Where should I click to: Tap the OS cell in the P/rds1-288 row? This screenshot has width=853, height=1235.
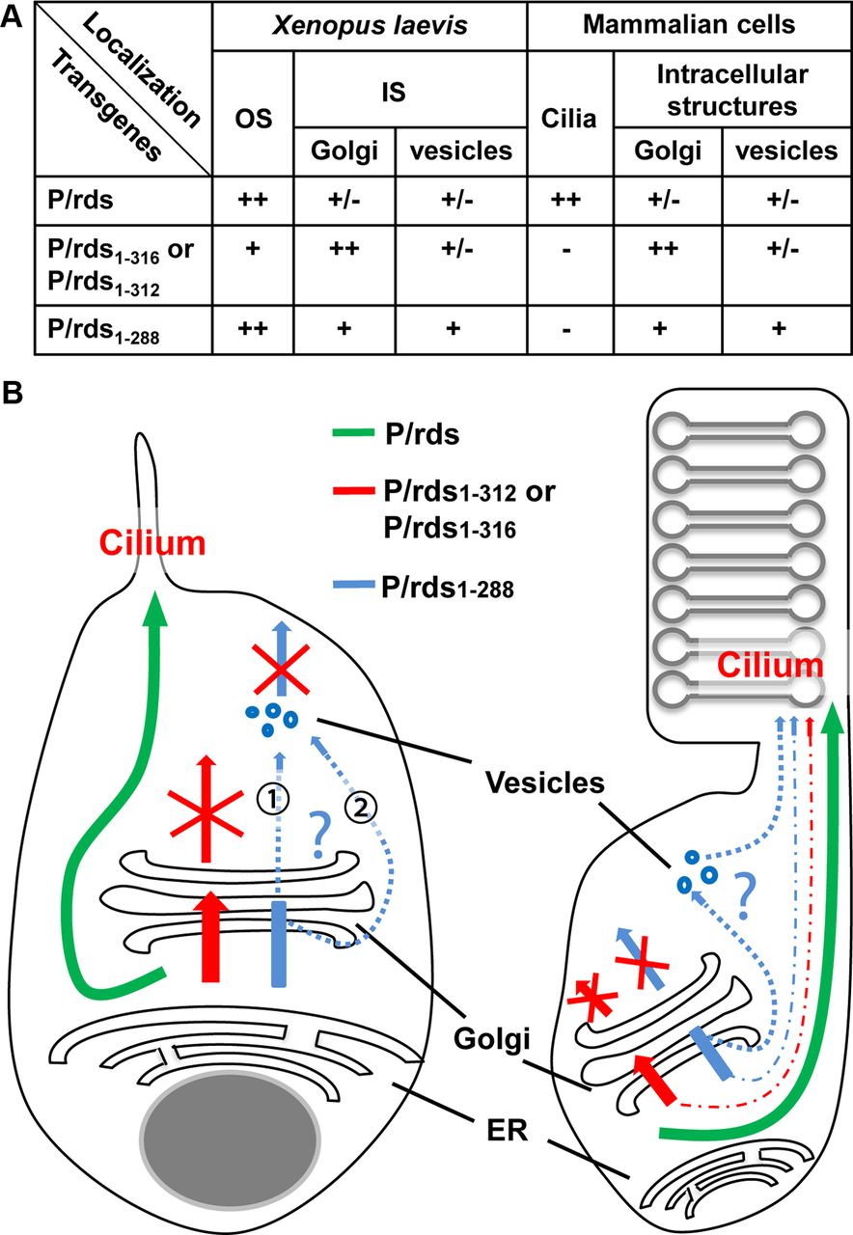tap(252, 328)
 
